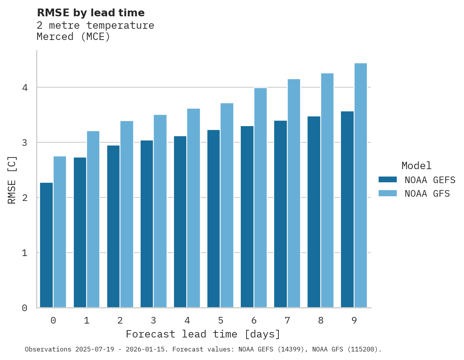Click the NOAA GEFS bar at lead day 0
coord(46,245)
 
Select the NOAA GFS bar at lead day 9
coord(361,185)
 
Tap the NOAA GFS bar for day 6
coord(261,198)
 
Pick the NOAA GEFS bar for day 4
coord(180,222)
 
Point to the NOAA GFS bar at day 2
coord(127,214)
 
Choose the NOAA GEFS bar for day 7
coord(280,214)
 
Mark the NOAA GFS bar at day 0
coord(60,232)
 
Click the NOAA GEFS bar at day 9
coord(347,209)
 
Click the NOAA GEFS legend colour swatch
coord(388,180)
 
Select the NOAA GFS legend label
coord(427,194)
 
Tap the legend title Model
coord(417,166)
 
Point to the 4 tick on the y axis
coord(25,88)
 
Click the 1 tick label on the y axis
coord(25,253)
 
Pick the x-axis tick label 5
coord(221,321)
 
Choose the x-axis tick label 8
coord(321,321)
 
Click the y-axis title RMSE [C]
coord(12,180)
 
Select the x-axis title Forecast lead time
coord(203,334)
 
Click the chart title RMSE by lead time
coord(90,13)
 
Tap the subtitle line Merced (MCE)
coord(73,37)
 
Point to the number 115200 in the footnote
coord(363,350)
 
